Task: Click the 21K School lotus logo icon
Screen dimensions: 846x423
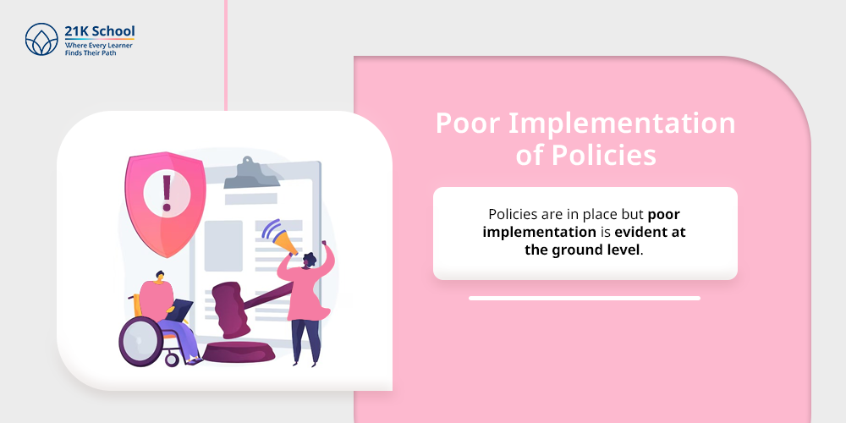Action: pos(41,40)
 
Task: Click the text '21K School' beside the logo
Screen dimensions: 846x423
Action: pos(99,31)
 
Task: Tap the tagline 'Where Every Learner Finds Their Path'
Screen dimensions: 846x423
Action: pos(99,50)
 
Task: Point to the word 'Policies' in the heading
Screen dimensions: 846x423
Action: pos(603,155)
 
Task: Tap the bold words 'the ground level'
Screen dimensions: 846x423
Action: pos(582,250)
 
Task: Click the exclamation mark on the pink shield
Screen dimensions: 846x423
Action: pos(167,192)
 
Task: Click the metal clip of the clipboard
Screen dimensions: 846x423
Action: pos(251,174)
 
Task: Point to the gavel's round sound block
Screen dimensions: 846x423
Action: pos(239,352)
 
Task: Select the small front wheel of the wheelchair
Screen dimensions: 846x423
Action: pos(172,360)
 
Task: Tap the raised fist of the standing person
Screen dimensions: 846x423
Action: pos(324,244)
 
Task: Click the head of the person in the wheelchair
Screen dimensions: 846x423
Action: pos(158,277)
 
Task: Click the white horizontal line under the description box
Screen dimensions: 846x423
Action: pos(585,298)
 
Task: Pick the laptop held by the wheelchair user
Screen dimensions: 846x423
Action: pos(181,310)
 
